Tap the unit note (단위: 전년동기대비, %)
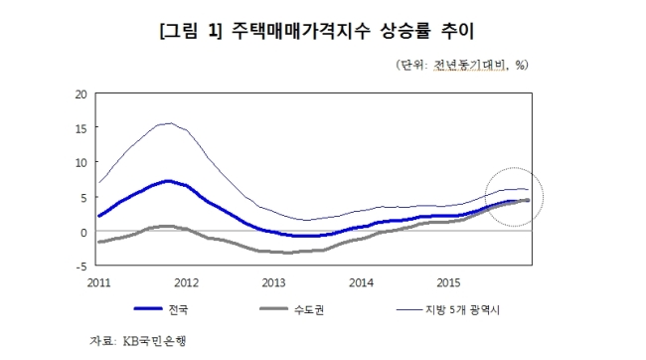pos(462,65)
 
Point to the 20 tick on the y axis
pos(81,94)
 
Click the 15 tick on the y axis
pos(81,128)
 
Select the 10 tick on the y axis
pos(81,163)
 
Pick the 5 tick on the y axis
pos(84,198)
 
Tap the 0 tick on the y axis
pos(84,232)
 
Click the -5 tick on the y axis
pos(81,267)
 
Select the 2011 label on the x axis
pos(98,282)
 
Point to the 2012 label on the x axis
pos(186,282)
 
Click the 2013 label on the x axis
pos(273,282)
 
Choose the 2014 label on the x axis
pos(361,282)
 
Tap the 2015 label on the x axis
pos(448,282)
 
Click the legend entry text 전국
pos(178,309)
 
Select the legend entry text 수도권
pos(309,309)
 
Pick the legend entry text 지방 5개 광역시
pos(462,309)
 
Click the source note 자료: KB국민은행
pos(138,341)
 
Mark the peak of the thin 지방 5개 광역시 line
pos(170,123)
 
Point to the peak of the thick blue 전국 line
pos(168,181)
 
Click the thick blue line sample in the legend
pos(148,309)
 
